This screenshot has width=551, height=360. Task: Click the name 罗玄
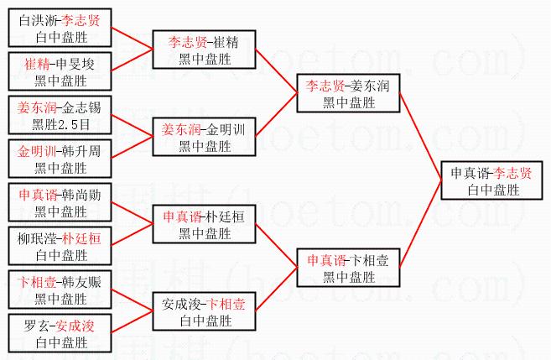(34, 326)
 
